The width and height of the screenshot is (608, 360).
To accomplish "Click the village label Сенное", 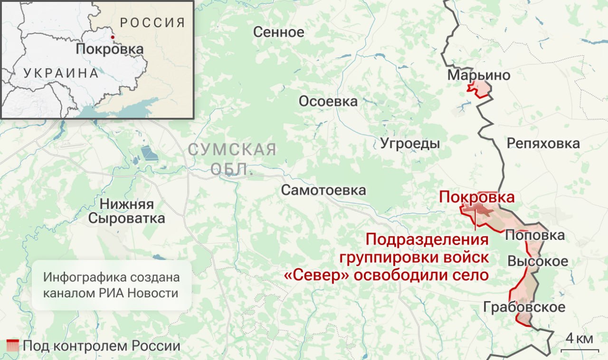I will pyautogui.click(x=278, y=32).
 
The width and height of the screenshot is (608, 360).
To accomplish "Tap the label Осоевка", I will pyautogui.click(x=328, y=102).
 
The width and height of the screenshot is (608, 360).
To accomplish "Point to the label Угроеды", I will pyautogui.click(x=410, y=144).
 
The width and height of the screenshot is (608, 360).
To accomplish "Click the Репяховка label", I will pyautogui.click(x=543, y=143).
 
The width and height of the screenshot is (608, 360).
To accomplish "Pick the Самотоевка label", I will pyautogui.click(x=323, y=190).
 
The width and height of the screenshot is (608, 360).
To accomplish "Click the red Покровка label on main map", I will pyautogui.click(x=476, y=197).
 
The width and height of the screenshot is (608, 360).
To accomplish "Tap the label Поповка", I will pyautogui.click(x=534, y=235).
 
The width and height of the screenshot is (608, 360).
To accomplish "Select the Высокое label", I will pyautogui.click(x=538, y=261).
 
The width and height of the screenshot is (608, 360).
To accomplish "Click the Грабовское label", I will pyautogui.click(x=524, y=307).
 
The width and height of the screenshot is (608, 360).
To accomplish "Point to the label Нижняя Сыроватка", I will pyautogui.click(x=127, y=211).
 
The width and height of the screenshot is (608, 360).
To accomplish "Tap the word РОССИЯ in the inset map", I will pyautogui.click(x=152, y=22).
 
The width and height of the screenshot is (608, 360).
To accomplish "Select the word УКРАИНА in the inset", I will pyautogui.click(x=61, y=73).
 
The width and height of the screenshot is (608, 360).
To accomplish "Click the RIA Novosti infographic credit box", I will pyautogui.click(x=111, y=285).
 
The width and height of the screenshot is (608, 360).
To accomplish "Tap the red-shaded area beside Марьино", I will pyautogui.click(x=479, y=89).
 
